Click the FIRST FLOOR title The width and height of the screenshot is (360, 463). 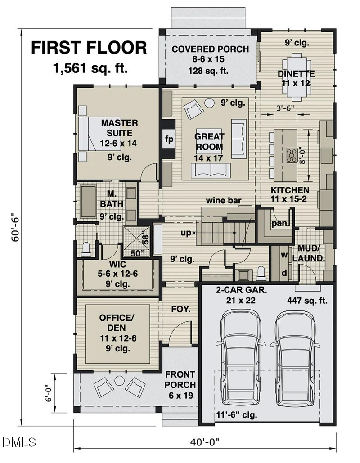point(89,48)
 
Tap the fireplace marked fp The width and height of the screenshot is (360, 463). point(169,138)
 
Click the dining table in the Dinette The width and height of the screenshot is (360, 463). point(296,76)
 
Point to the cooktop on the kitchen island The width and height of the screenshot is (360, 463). point(292,154)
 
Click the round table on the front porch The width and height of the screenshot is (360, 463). point(119,381)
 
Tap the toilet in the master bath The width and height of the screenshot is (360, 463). point(86,248)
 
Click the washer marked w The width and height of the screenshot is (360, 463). point(284,255)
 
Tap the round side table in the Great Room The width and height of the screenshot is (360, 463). point(209,103)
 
